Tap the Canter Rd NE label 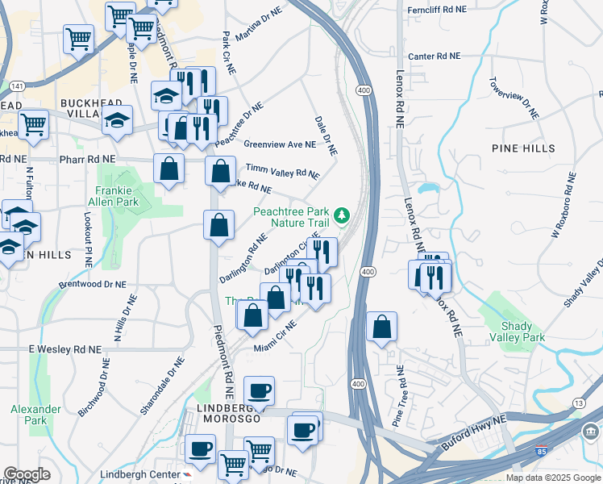point(434,56)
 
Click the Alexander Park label point(35,415)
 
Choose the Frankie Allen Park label point(119,196)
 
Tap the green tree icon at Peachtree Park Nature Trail point(342,215)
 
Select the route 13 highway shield point(578,403)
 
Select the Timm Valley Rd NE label point(282,172)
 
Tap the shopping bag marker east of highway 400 point(382,327)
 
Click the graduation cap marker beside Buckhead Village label point(117,120)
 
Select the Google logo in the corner point(27,474)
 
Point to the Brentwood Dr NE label point(93,285)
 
